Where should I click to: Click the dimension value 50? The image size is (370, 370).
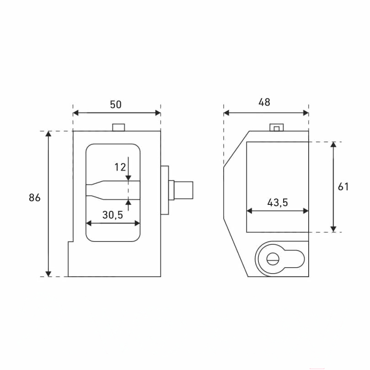pyautogui.click(x=116, y=105)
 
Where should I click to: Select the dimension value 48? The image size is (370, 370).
pyautogui.click(x=264, y=102)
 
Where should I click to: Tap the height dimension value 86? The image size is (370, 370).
pyautogui.click(x=35, y=198)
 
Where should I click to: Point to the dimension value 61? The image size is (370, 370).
pyautogui.click(x=343, y=187)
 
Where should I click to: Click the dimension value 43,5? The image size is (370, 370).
pyautogui.click(x=278, y=203)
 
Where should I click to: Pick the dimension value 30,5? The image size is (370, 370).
pyautogui.click(x=113, y=215)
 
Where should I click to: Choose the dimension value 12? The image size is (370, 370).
pyautogui.click(x=120, y=167)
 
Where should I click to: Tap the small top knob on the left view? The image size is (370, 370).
pyautogui.click(x=118, y=127)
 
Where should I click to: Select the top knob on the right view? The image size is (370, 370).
pyautogui.click(x=277, y=128)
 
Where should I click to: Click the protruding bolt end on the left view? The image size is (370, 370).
pyautogui.click(x=183, y=190)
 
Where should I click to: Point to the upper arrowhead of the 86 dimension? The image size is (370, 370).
pyautogui.click(x=48, y=134)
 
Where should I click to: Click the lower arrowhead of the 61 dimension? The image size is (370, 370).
pyautogui.click(x=333, y=229)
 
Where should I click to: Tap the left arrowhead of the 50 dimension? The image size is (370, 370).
pyautogui.click(x=76, y=113)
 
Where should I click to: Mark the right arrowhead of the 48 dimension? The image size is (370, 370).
pyautogui.click(x=306, y=113)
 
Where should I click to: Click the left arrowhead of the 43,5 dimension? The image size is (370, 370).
pyautogui.click(x=249, y=211)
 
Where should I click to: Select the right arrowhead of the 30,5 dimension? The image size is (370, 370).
pyautogui.click(x=137, y=223)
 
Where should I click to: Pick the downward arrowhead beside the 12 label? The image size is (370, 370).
pyautogui.click(x=129, y=178)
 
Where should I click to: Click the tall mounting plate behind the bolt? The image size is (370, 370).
pyautogui.click(x=165, y=190)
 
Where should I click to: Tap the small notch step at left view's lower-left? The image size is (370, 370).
pyautogui.click(x=70, y=241)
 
